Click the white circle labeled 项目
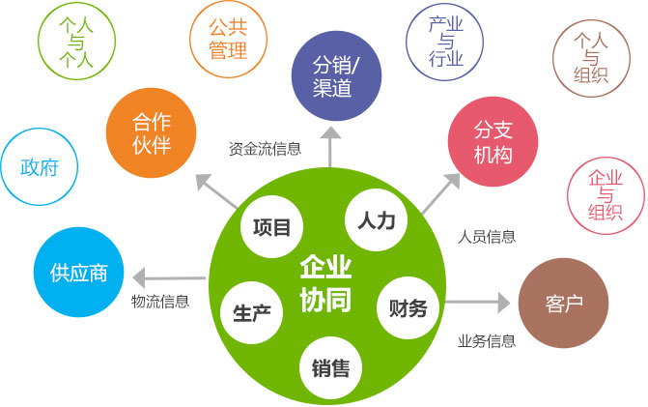coord(271,226)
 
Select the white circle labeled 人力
coord(376,219)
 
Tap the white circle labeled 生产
coord(252,312)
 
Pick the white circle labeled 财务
coord(408,307)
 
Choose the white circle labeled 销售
coord(330,367)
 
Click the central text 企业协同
coord(325,284)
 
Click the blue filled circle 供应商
coord(78,273)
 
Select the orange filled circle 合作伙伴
coord(151,132)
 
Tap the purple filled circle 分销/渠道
coord(336,75)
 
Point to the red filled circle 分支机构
coord(493,141)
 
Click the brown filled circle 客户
coord(563,304)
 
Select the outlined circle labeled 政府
coord(40,166)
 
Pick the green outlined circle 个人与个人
coord(76,41)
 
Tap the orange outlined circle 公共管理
coord(228,39)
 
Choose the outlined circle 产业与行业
coord(444,42)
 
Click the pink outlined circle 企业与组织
coord(606,195)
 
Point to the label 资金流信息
coord(265,149)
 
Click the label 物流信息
coord(160,301)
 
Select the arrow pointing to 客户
coord(478,303)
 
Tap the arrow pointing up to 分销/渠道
coord(330,147)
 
